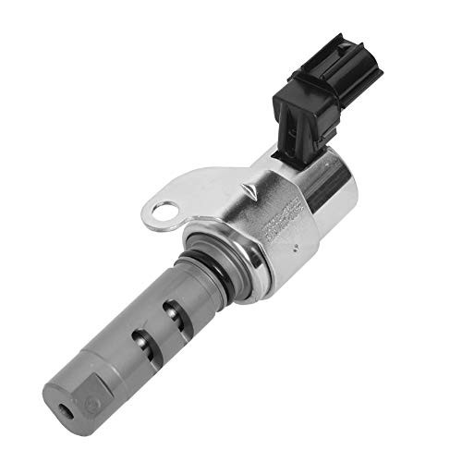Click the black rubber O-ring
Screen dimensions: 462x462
click(214, 269)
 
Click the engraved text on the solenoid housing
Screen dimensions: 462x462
click(276, 223)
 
